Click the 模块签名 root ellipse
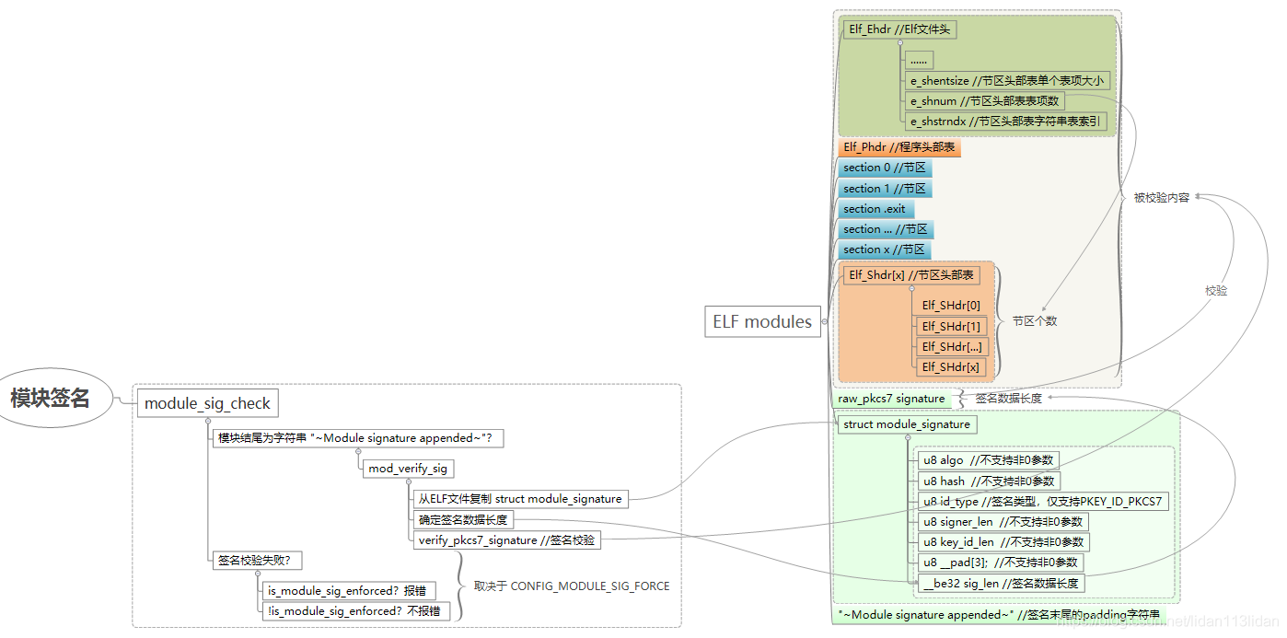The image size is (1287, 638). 51,399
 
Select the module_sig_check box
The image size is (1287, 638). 208,403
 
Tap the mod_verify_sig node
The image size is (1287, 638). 408,469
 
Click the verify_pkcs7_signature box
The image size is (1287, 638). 506,540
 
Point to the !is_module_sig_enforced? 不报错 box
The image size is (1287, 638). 354,610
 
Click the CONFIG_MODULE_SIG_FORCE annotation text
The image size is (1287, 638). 572,586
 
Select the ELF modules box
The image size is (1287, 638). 762,322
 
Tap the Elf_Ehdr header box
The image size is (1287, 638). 899,29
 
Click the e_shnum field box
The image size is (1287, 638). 985,101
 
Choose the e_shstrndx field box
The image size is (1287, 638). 1005,122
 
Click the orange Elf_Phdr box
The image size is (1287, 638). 899,147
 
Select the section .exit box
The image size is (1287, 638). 875,209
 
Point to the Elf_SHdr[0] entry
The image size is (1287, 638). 951,306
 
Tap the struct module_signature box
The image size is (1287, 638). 906,424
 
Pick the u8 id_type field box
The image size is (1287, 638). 1042,502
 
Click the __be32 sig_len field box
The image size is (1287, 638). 1001,583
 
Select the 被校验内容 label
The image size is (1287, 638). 1161,197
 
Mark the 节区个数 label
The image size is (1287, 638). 1035,321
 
